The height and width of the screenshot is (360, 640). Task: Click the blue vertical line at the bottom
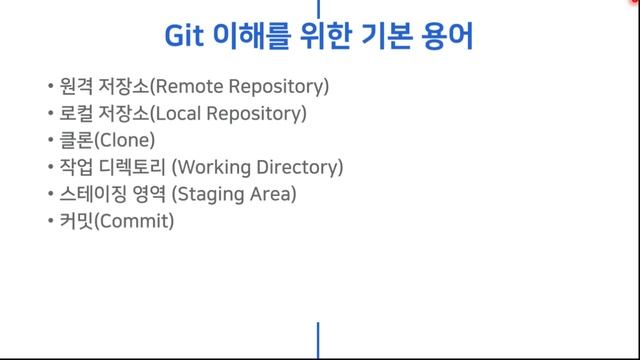[x=318, y=341]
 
